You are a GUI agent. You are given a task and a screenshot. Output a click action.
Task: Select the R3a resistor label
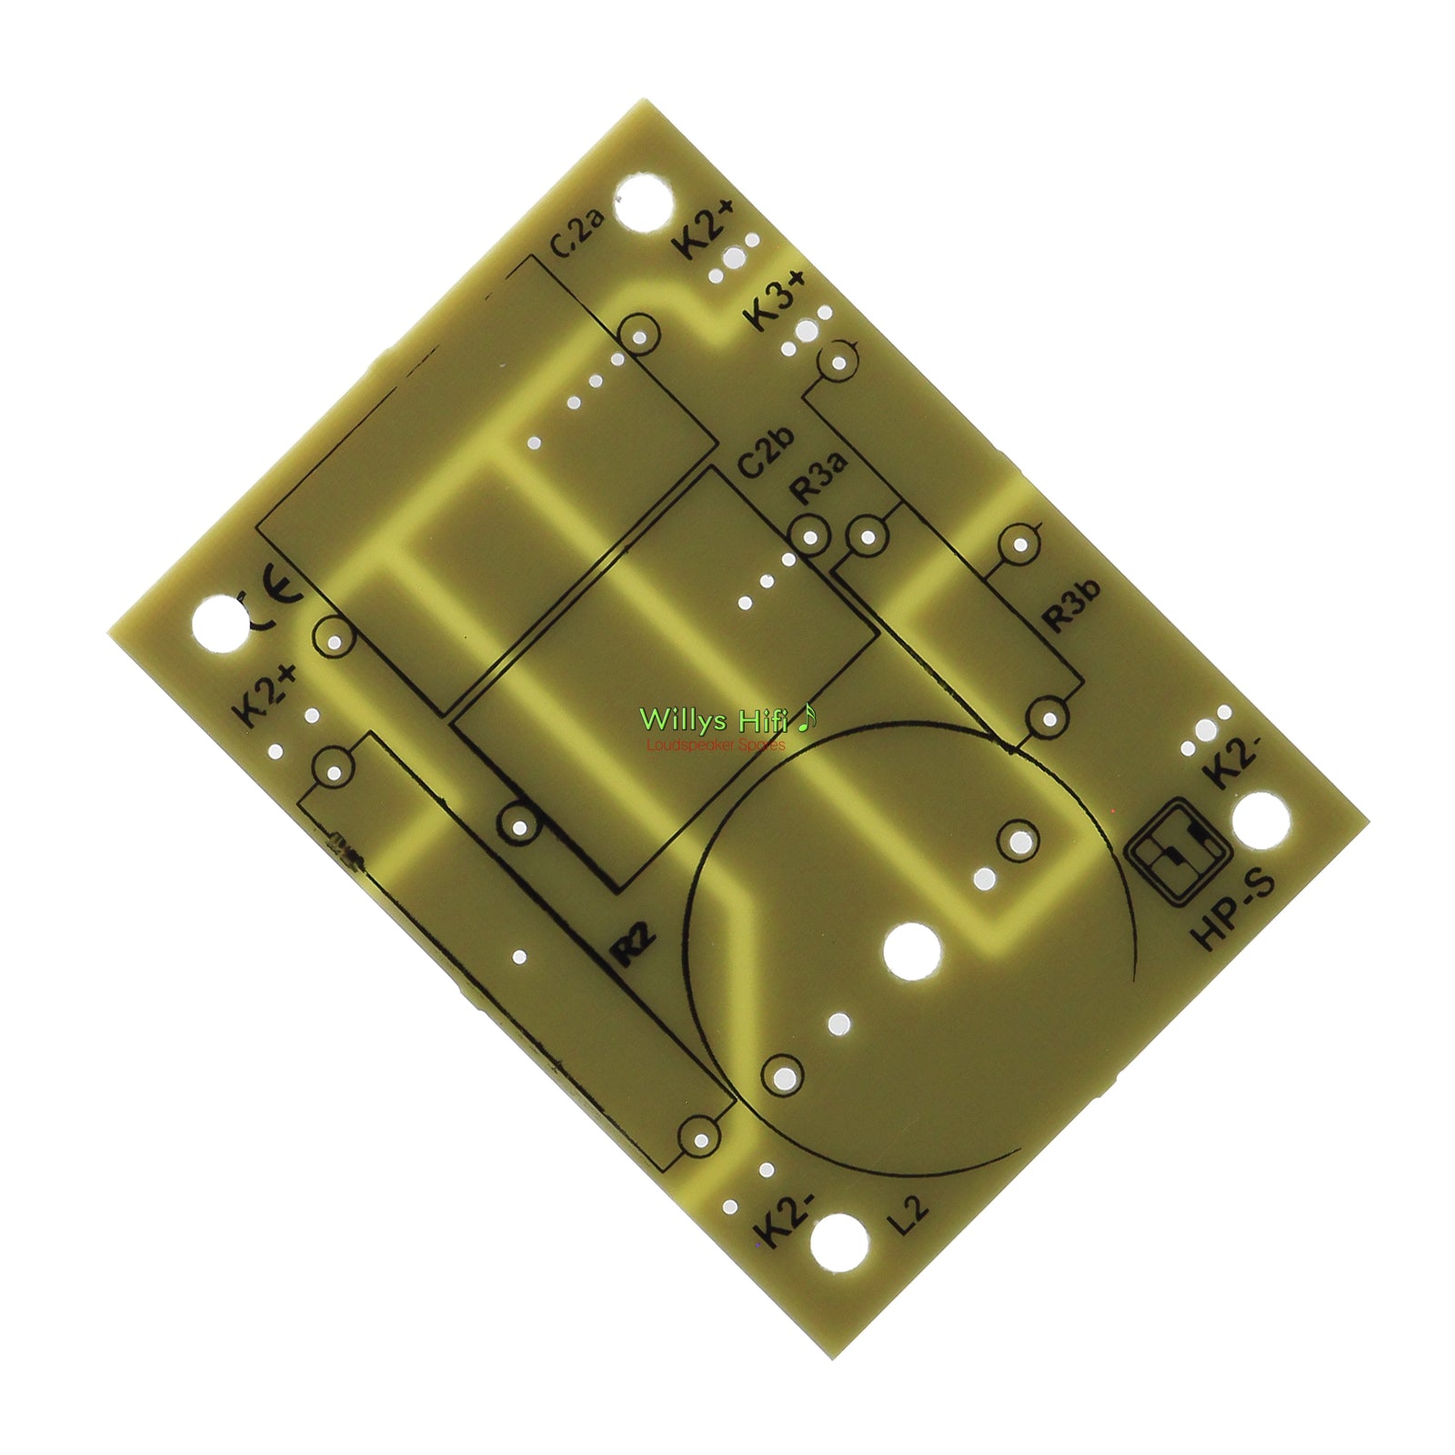coord(818,477)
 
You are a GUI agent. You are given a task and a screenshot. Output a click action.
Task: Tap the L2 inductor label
coord(909,1216)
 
